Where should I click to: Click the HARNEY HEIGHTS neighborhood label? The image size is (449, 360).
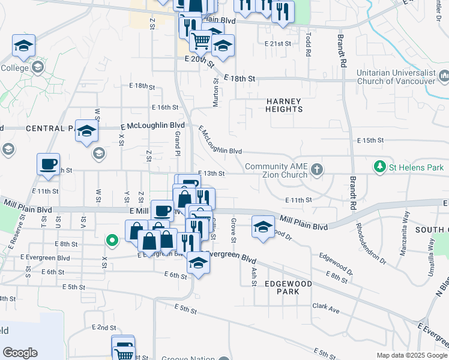pos(284,105)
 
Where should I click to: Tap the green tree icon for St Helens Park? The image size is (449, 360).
pos(379,166)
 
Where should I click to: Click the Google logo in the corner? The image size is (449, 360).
pos(20,353)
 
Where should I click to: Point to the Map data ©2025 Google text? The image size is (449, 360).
pos(412,355)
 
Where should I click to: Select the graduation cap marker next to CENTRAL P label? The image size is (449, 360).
pos(86,131)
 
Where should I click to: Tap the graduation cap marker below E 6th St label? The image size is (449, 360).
pos(198,263)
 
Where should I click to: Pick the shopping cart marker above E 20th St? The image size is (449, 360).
pos(201,40)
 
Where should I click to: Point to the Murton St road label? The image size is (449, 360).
pos(215,92)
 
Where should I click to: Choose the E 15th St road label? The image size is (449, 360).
pos(370,140)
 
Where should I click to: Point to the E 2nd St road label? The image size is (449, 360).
pos(104,328)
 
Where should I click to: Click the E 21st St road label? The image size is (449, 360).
pos(277,44)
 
